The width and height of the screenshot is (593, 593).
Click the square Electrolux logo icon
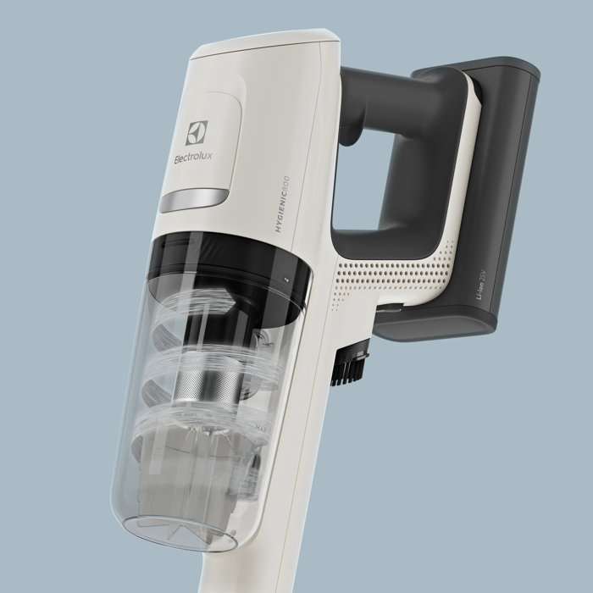(197, 133)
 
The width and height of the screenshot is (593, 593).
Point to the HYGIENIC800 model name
(282, 204)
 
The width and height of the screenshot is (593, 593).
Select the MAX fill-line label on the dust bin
(261, 428)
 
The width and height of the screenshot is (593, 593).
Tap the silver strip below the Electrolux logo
(194, 200)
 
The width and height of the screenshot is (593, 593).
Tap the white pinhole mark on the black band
(286, 280)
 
